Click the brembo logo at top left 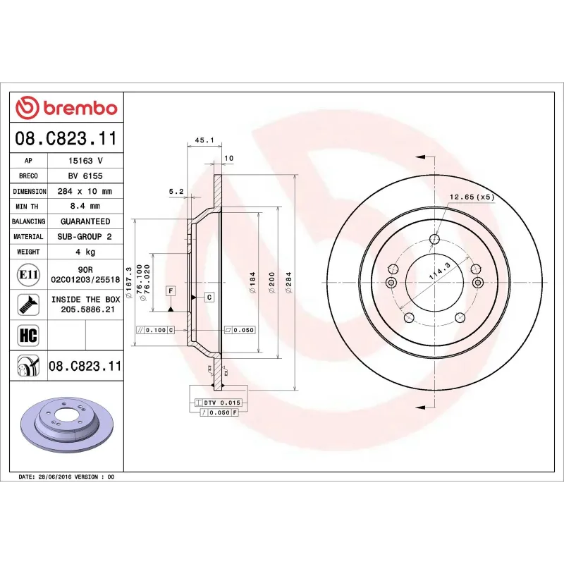tap(66, 108)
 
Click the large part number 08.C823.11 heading tap(66, 138)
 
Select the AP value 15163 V tap(85, 161)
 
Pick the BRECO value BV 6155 tap(85, 176)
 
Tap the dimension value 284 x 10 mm tap(85, 191)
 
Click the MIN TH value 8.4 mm tap(85, 206)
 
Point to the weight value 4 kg tap(85, 251)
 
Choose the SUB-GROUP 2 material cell tap(85, 236)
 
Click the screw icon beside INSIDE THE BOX tap(28, 305)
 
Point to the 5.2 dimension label tap(176, 191)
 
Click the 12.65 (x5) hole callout tap(471, 197)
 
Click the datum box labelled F tap(171, 290)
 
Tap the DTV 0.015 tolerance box tap(223, 402)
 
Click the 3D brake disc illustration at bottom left tap(66, 429)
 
